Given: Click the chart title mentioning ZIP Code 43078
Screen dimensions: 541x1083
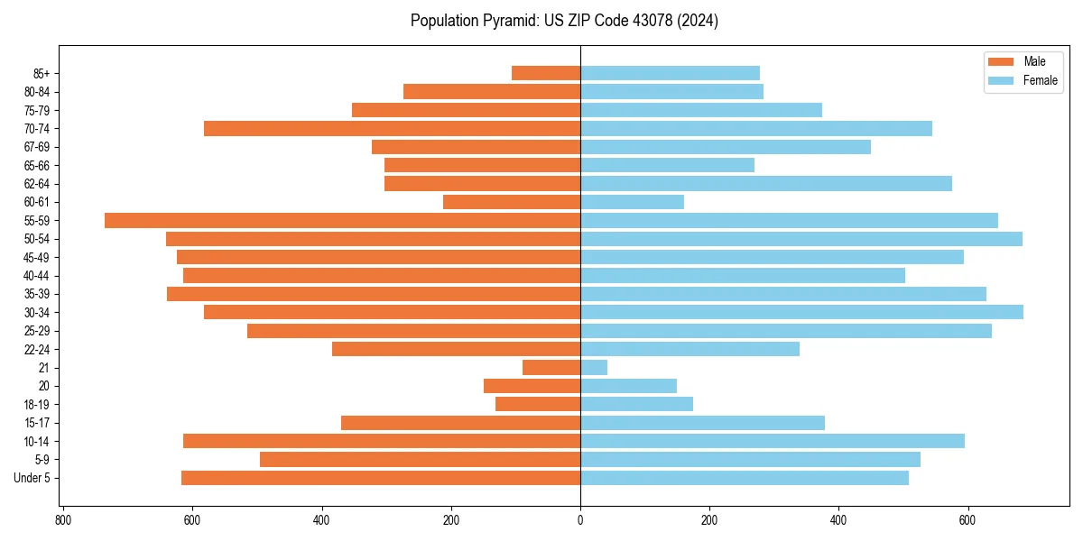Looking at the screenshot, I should (564, 21).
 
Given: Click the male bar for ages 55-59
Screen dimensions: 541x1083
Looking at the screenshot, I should (342, 220).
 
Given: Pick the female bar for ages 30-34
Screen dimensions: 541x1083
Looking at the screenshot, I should (801, 312).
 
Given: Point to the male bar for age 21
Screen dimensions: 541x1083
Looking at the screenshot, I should (551, 367).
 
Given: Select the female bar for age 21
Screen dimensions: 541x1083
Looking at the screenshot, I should (594, 367).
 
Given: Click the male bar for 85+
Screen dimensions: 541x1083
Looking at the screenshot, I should (546, 73).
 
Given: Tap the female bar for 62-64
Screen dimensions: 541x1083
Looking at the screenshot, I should (766, 183).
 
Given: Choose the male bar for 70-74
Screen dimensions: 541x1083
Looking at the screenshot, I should (392, 128).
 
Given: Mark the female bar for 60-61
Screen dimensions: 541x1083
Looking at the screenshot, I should (632, 202).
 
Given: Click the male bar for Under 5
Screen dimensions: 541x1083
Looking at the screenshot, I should (381, 478).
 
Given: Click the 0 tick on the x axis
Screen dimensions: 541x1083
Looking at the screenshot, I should (580, 520).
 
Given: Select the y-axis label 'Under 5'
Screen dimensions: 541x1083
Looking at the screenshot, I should (32, 478).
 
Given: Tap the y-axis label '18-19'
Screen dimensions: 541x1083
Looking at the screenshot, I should (36, 404).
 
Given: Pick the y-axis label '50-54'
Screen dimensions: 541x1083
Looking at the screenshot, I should (36, 239).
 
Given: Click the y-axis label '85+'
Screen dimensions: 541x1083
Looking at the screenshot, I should (40, 73).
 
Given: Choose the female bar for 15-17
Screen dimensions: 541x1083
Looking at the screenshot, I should (702, 423).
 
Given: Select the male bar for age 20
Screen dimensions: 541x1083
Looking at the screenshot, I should (532, 386).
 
